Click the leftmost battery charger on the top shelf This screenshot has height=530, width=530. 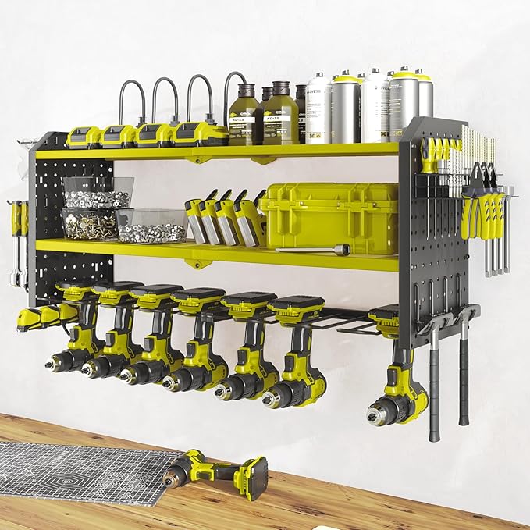tap(84, 137)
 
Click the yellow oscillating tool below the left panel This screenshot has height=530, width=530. tap(43, 316)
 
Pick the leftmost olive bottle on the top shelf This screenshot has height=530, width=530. tap(244, 117)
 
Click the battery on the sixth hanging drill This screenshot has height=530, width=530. tap(296, 309)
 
